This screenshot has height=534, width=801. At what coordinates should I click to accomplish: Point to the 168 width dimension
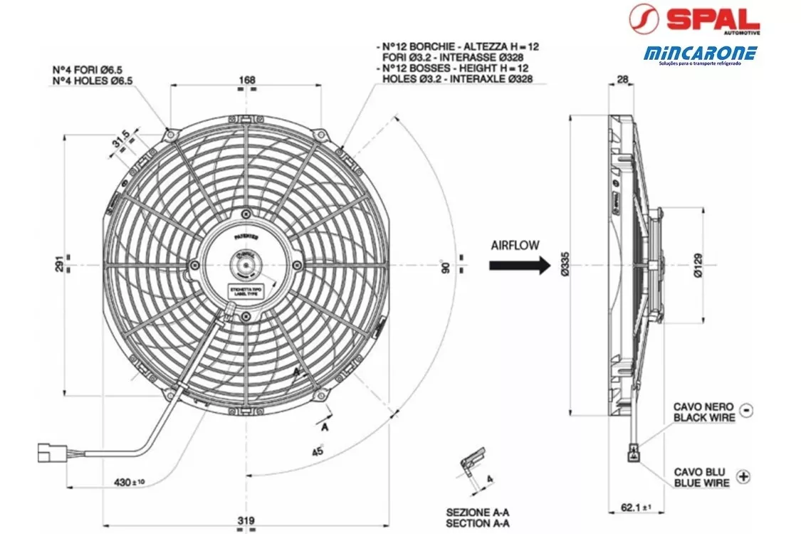click(246, 80)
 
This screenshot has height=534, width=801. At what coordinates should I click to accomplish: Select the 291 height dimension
click(58, 264)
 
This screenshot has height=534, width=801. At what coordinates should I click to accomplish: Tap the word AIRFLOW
click(515, 244)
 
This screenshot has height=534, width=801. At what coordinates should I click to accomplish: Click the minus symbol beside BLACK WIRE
click(745, 410)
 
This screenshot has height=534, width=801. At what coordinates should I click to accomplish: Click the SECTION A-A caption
click(478, 523)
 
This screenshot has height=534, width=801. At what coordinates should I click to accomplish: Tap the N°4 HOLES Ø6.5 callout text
click(93, 80)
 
